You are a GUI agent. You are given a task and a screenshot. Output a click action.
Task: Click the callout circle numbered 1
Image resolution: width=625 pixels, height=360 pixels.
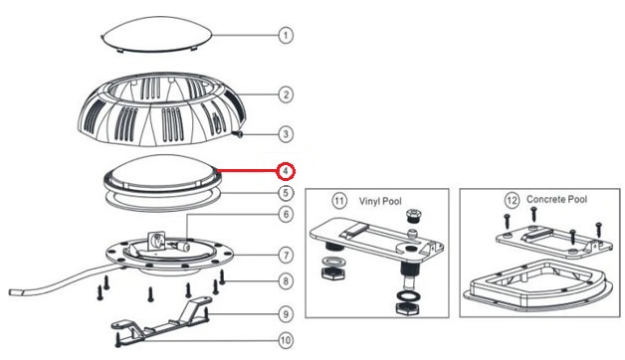(286, 36)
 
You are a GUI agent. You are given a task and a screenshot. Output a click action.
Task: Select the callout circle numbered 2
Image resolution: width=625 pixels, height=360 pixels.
(286, 94)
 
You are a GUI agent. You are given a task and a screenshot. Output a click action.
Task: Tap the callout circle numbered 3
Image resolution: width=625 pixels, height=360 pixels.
(286, 134)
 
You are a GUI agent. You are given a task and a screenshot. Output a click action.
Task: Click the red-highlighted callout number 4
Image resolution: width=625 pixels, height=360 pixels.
(286, 172)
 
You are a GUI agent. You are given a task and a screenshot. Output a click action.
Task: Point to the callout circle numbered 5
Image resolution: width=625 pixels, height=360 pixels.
(286, 193)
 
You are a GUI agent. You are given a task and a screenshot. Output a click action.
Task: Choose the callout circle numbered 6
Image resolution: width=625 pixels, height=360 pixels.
(286, 214)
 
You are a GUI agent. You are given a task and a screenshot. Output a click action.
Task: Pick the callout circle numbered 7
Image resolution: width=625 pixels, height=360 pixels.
(286, 255)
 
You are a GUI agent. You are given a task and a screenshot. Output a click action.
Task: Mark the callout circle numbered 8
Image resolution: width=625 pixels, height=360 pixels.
(286, 281)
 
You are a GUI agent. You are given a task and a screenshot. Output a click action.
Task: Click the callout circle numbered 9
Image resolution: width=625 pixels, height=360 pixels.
(286, 314)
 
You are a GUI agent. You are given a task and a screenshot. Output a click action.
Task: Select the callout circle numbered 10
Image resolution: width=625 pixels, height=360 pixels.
(286, 340)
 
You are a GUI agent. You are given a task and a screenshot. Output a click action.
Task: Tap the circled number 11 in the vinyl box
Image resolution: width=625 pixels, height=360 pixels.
(339, 200)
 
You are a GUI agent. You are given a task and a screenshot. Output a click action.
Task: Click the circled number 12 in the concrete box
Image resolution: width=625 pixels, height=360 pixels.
(512, 200)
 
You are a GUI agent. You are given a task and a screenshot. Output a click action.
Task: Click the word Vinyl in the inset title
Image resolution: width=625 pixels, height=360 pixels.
(370, 201)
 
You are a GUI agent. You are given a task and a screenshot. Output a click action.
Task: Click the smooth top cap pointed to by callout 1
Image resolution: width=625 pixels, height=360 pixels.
(156, 34)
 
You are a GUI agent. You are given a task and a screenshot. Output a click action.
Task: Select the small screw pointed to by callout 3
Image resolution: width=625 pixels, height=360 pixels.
(239, 134)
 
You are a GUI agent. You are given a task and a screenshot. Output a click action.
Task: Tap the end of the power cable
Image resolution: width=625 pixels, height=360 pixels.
(15, 292)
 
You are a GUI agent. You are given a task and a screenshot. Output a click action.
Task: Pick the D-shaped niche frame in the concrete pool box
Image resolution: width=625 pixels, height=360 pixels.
(538, 284)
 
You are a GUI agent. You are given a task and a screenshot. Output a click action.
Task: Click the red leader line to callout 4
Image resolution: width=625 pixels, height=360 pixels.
(248, 172)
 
